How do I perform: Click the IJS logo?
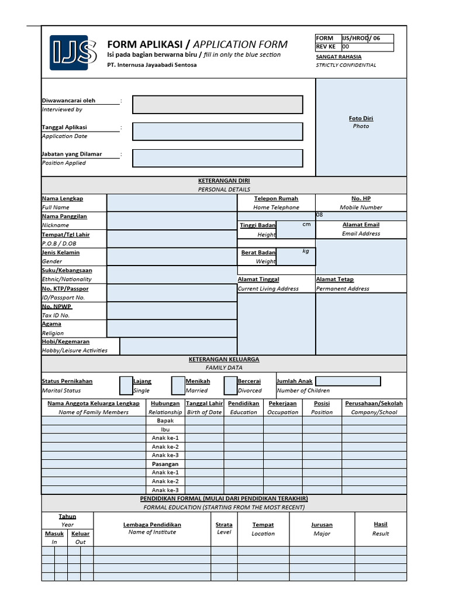point(73,53)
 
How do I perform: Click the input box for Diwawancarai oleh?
point(217,105)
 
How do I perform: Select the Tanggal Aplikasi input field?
point(217,132)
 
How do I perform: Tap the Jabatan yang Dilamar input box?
point(217,158)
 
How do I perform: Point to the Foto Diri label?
point(361,118)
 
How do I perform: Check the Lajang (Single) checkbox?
point(126,385)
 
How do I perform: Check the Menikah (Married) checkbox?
point(178,385)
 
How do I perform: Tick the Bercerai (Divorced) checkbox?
point(230,385)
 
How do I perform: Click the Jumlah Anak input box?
point(348,381)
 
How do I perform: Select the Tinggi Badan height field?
point(295,229)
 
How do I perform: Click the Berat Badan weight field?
point(295,256)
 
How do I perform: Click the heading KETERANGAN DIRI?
point(224,181)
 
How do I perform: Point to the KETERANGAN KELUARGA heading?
point(224,359)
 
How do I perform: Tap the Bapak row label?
point(165,421)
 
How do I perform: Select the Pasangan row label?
point(165,464)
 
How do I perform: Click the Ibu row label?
point(165,429)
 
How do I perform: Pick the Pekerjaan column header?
point(282,404)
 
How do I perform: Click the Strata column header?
point(224,525)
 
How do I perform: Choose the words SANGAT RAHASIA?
point(339,57)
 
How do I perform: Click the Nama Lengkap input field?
point(171,203)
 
